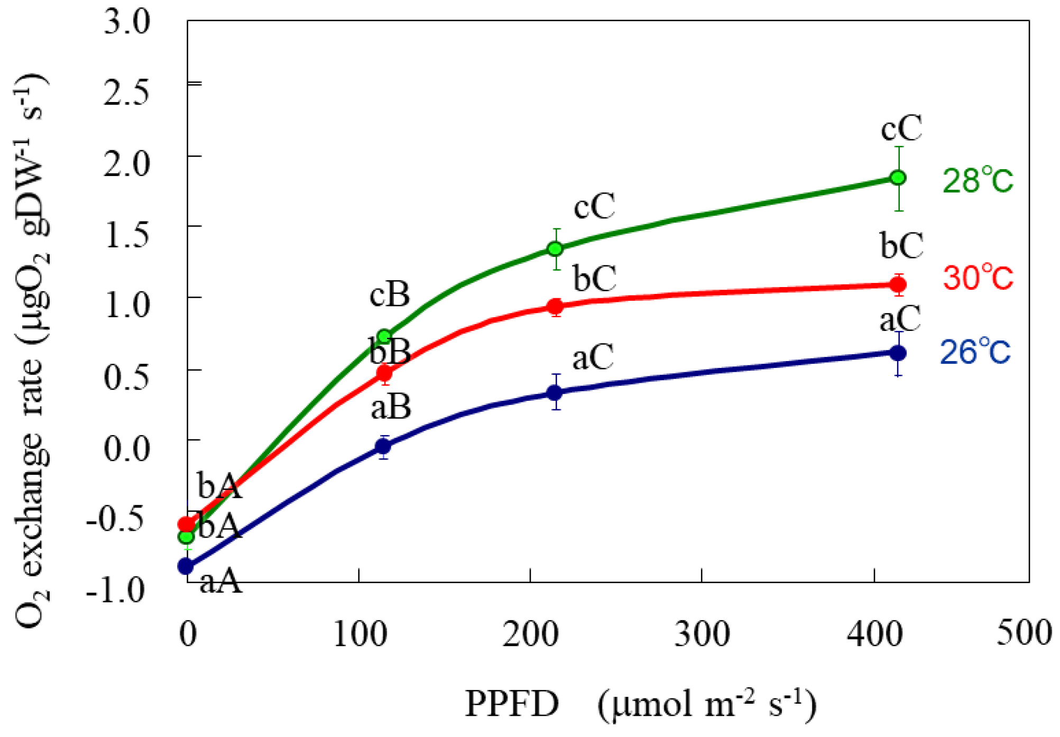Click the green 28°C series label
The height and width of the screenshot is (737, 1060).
click(978, 181)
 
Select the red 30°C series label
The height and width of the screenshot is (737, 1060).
click(978, 278)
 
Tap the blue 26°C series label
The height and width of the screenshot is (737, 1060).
click(975, 352)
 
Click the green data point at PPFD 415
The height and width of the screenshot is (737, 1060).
click(898, 178)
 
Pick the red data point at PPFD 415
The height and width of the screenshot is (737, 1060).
click(898, 285)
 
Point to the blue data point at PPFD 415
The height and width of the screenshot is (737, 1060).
click(898, 353)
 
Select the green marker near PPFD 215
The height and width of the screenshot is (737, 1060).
click(555, 248)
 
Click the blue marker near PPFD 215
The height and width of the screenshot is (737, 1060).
click(555, 392)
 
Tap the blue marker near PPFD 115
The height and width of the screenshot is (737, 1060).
click(383, 447)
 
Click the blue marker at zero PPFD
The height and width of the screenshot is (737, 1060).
click(186, 566)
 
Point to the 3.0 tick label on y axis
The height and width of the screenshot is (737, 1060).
click(127, 23)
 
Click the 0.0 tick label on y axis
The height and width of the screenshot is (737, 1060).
click(127, 449)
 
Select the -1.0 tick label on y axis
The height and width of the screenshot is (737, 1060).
click(116, 590)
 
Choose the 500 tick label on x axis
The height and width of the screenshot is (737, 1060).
click(1024, 633)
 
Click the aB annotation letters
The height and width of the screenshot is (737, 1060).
click(391, 408)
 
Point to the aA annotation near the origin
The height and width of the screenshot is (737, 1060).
click(220, 582)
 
